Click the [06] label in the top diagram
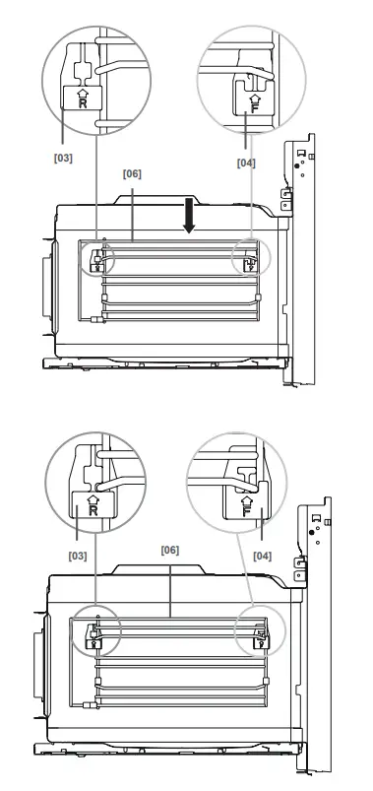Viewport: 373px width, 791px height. pos(133,173)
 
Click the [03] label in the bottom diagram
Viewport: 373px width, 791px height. pos(77,556)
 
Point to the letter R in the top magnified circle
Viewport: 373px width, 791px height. pos(82,102)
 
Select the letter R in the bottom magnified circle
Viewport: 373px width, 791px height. pos(92,510)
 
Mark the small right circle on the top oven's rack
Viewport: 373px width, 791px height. pos(247,260)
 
